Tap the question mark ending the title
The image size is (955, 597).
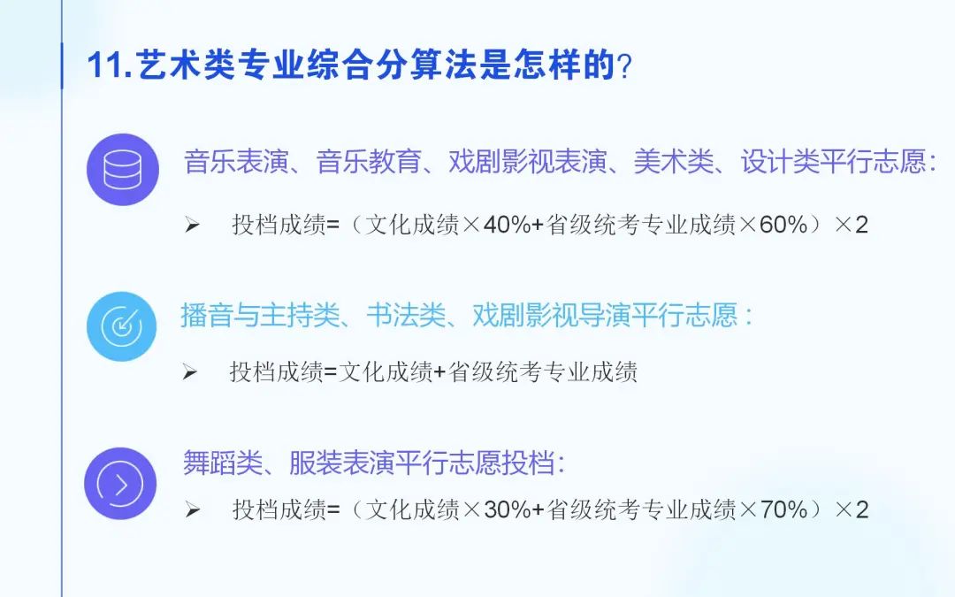point(624,65)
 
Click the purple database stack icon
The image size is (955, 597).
point(122,169)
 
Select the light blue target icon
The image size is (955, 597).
point(122,326)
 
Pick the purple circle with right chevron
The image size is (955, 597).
point(120,484)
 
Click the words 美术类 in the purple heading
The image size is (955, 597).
point(673,162)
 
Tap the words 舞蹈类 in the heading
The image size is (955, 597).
point(222,463)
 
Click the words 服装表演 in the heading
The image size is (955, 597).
point(341,463)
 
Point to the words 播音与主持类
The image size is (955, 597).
point(260,316)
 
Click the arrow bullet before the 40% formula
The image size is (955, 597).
point(192,226)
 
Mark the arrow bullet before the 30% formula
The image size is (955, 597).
point(192,510)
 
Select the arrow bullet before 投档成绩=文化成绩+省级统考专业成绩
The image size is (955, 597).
point(190,372)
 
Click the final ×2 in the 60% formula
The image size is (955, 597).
point(852,225)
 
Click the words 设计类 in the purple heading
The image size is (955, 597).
point(780,162)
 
